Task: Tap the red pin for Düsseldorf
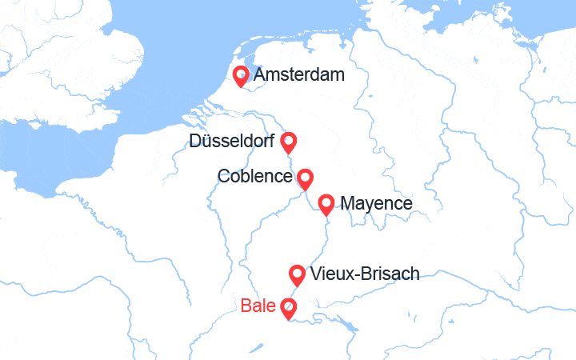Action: pos(289,142)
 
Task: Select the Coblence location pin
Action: pos(304,178)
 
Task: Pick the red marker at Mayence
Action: pos(326,204)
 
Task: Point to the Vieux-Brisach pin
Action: pos(297,275)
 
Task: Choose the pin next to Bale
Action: pos(288,307)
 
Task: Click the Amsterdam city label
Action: pos(298,76)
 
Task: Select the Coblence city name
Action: pos(254,176)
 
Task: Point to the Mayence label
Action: pos(377,204)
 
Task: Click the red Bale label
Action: pos(258,306)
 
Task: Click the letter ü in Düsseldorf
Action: pos(206,142)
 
